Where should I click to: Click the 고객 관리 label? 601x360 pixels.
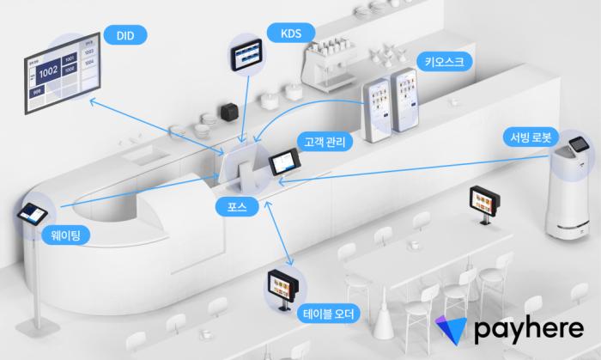pyautogui.click(x=321, y=141)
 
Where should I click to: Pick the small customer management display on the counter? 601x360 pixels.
pyautogui.click(x=284, y=162)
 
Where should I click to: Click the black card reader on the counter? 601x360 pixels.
pyautogui.click(x=229, y=112)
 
